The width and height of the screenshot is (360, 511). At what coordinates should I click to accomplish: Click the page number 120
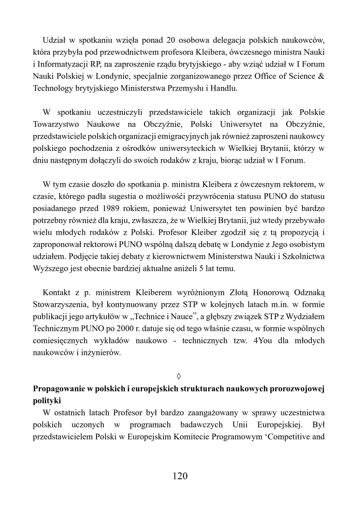(180, 476)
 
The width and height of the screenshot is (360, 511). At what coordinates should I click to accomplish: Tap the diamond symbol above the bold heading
(179, 377)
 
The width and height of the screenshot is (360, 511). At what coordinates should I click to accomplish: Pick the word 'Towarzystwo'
(55, 124)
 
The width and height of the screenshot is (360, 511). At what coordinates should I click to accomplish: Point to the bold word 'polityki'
(47, 401)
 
